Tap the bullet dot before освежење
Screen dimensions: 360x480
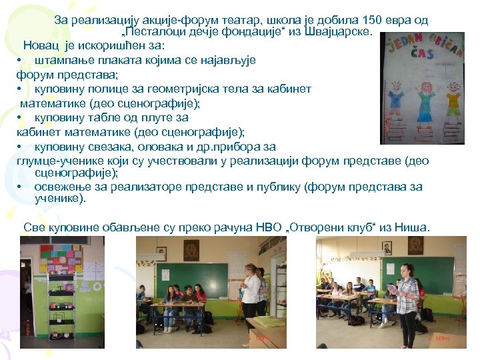(21, 187)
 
